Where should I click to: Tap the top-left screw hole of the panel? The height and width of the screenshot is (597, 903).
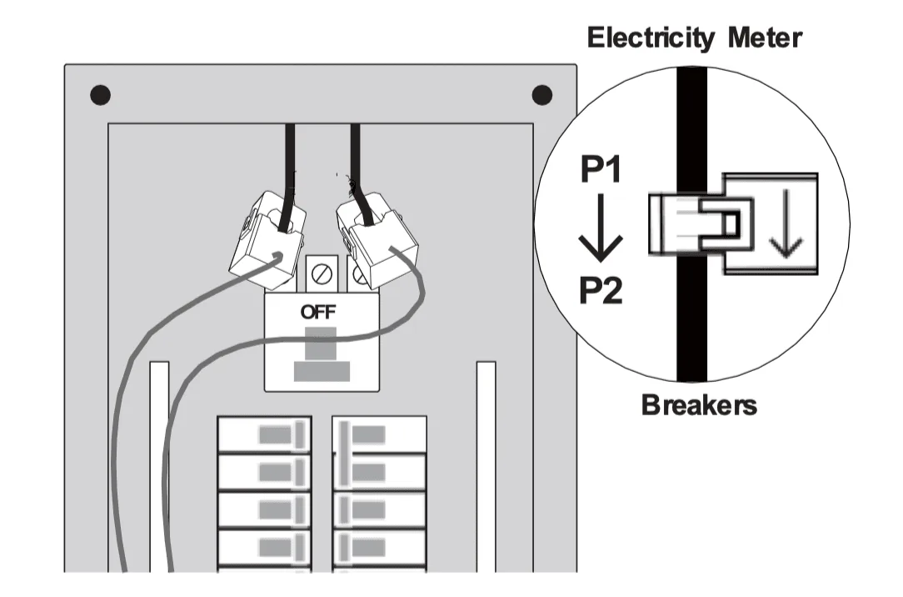tap(101, 95)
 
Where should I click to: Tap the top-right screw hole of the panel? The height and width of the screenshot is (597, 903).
tap(542, 95)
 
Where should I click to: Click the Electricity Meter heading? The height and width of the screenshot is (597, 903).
tap(694, 38)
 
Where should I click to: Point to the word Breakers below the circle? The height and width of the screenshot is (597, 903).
tap(699, 405)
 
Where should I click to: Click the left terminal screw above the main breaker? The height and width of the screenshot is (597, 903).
tap(321, 271)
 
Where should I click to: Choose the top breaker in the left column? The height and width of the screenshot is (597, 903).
tap(264, 434)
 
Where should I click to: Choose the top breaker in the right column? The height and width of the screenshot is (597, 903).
tap(380, 434)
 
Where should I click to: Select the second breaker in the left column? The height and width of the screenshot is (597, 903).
tap(264, 472)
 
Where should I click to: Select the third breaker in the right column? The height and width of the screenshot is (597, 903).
tap(380, 510)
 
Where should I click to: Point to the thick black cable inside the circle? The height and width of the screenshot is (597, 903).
tap(691, 334)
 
